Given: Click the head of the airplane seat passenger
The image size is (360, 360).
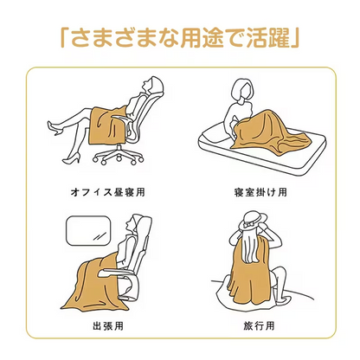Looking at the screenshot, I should pos(130,228).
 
